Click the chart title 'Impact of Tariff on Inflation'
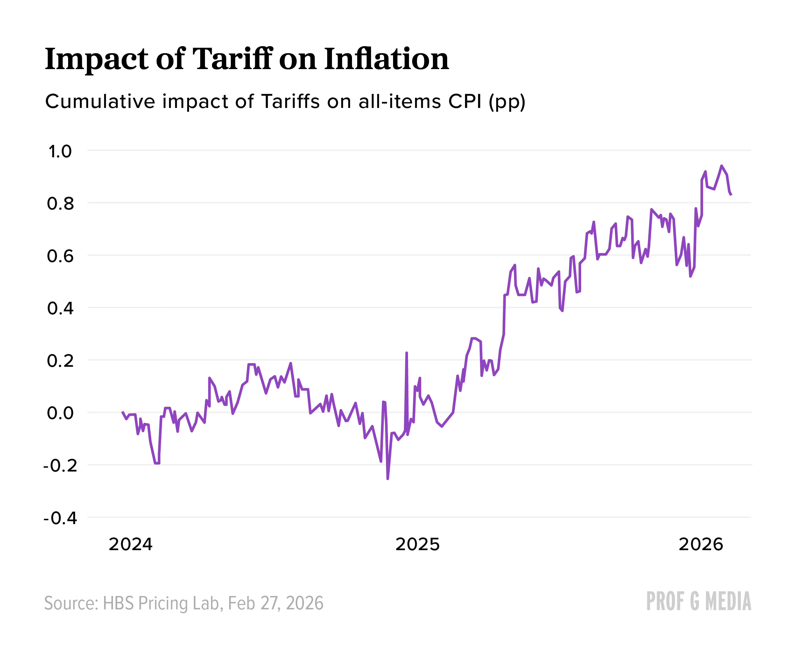click(247, 60)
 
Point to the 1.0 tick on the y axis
click(60, 152)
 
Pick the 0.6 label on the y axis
click(60, 257)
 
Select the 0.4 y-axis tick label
click(60, 309)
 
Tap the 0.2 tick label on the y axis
click(60, 361)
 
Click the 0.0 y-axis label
click(60, 413)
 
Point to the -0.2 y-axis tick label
click(60, 466)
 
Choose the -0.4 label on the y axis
click(60, 518)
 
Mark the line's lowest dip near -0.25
click(388, 479)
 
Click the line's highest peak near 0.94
click(721, 166)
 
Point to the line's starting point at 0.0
click(123, 412)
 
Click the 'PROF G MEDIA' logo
click(699, 601)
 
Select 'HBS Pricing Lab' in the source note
click(161, 603)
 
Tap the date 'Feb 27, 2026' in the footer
click(275, 603)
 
